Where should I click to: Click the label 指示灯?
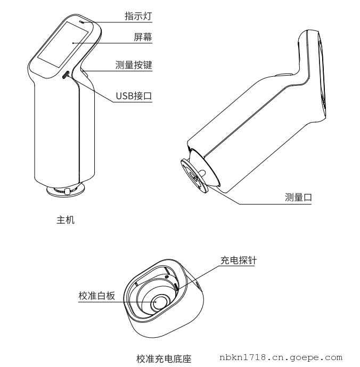138,16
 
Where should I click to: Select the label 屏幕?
143,37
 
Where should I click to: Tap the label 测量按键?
134,65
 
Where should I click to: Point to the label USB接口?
134,96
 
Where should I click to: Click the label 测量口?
298,197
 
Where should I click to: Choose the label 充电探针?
238,260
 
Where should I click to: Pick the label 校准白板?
97,296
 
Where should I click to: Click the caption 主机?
66,220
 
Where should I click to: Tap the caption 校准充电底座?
164,359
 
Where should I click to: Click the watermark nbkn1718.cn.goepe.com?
281,357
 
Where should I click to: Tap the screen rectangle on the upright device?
63,44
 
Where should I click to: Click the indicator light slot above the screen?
81,22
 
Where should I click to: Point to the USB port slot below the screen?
66,75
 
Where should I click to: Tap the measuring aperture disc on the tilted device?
194,176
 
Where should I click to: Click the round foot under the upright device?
66,190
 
